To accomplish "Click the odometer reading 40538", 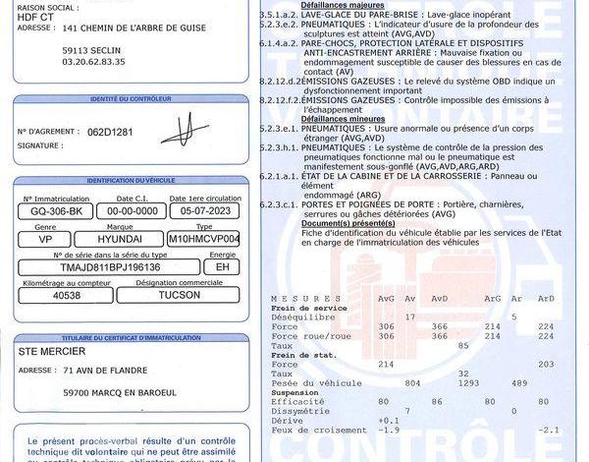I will (x=68, y=294).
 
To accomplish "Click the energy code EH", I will (x=222, y=265).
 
